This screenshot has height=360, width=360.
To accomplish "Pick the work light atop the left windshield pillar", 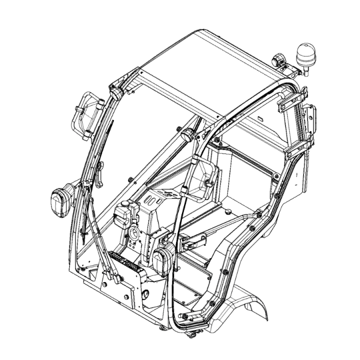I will pos(117,93).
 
